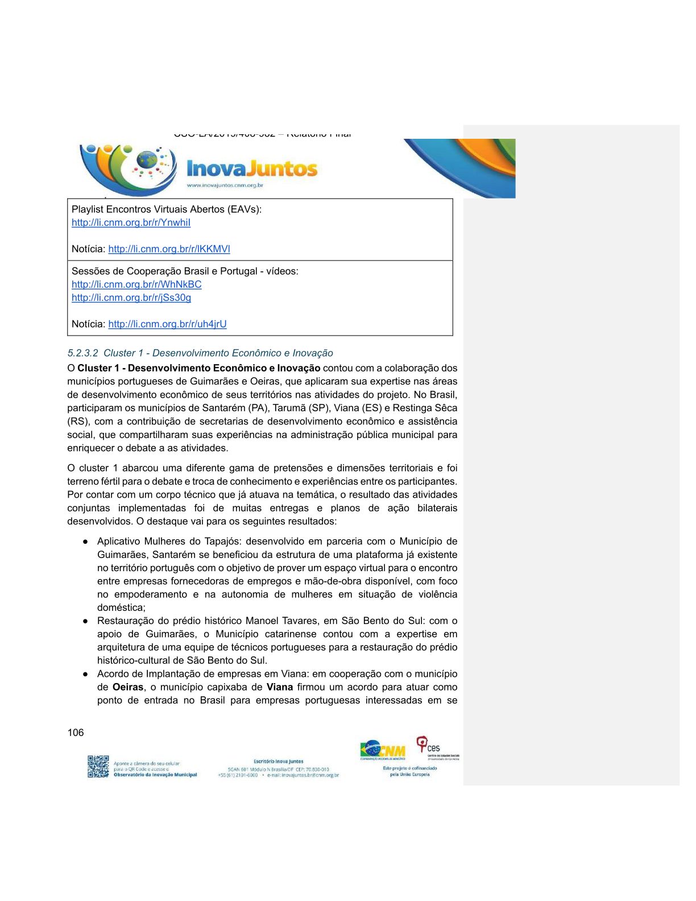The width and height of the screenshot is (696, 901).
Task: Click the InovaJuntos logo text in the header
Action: point(252,169)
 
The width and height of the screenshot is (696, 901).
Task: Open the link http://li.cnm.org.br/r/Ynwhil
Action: point(131,222)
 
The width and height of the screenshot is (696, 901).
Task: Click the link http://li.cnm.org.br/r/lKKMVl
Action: point(169,249)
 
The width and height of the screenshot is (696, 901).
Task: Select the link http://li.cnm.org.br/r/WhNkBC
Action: point(136,284)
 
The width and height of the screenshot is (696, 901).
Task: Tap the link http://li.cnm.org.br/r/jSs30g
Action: point(131,297)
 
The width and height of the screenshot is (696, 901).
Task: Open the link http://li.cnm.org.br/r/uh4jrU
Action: point(167,324)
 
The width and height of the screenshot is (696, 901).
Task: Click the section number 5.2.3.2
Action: point(82,353)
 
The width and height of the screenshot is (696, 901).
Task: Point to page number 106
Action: point(76,733)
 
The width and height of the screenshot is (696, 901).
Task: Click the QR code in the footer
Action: point(98,766)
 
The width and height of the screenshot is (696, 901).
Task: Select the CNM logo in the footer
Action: point(383,750)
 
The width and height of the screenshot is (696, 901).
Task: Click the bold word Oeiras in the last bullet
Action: point(128,687)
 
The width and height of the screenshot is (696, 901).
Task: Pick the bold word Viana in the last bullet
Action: point(279,687)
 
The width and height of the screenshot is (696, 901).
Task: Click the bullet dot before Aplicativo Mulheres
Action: point(85,542)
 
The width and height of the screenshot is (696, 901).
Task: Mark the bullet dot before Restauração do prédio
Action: point(85,621)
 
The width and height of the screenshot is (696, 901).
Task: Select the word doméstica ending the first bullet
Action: point(121,607)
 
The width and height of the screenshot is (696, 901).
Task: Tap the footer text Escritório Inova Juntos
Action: point(278,761)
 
